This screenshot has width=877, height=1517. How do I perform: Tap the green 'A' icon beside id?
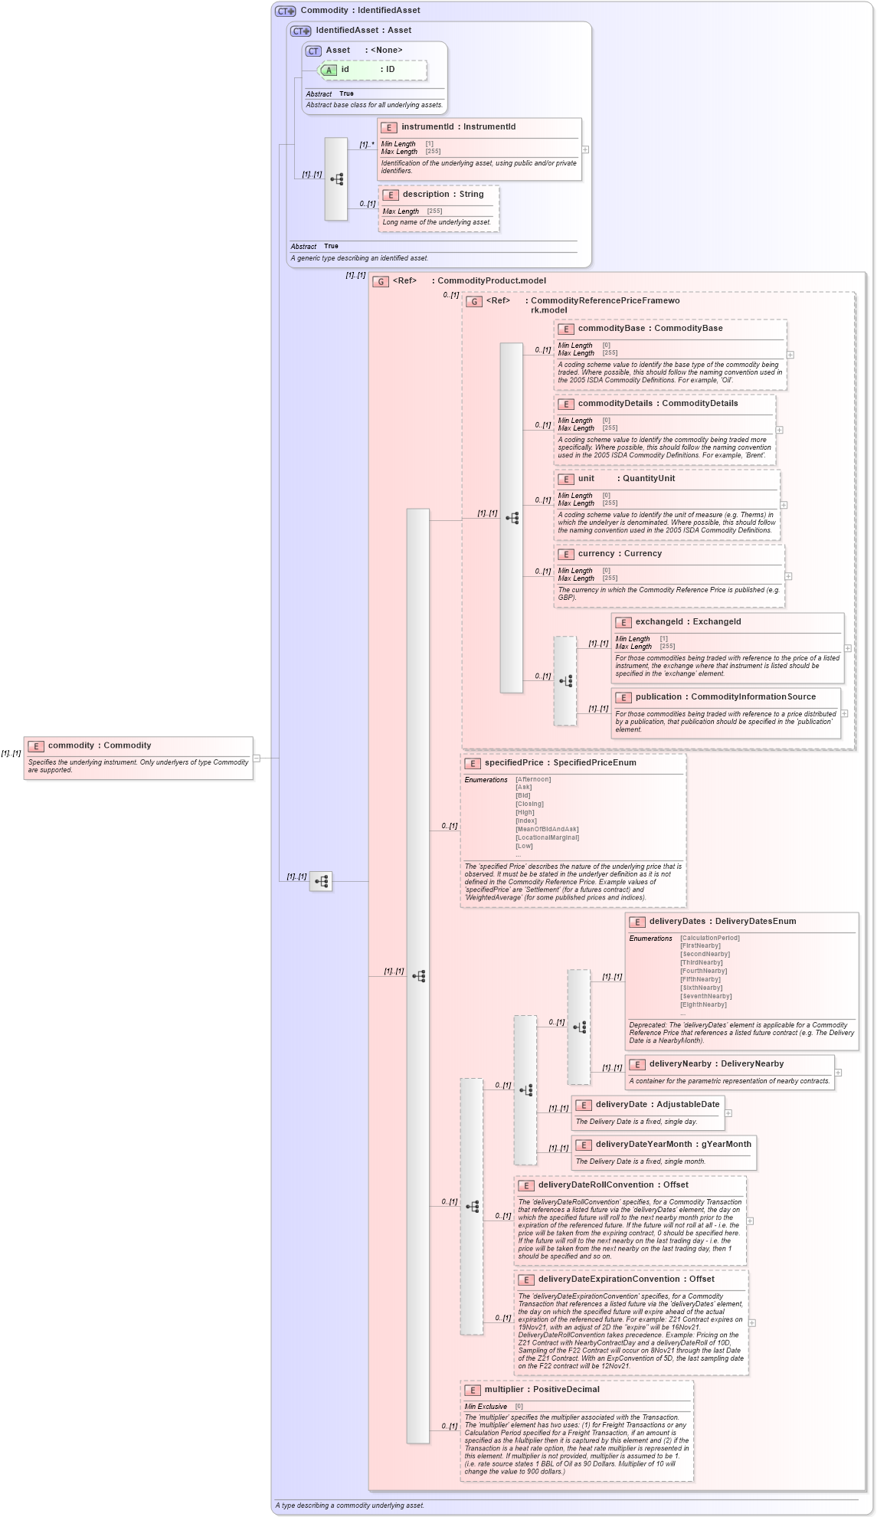click(x=329, y=70)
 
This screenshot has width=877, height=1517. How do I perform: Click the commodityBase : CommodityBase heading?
click(x=650, y=329)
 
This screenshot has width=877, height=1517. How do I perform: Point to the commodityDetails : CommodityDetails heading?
click(x=657, y=404)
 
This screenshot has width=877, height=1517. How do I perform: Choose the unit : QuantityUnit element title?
click(x=626, y=479)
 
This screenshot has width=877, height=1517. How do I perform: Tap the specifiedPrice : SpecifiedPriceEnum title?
click(x=560, y=763)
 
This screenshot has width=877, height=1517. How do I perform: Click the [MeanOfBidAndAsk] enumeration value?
click(x=547, y=829)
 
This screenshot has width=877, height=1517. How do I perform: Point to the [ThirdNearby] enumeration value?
click(x=701, y=963)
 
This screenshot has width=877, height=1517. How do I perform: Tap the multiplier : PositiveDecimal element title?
click(x=542, y=1390)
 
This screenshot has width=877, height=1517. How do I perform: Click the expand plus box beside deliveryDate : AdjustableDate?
click(x=728, y=1113)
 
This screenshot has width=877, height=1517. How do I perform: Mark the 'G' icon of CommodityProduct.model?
click(x=381, y=282)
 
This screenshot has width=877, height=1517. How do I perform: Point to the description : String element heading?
click(x=443, y=195)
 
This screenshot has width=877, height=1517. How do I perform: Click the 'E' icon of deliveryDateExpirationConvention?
click(x=526, y=1280)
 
